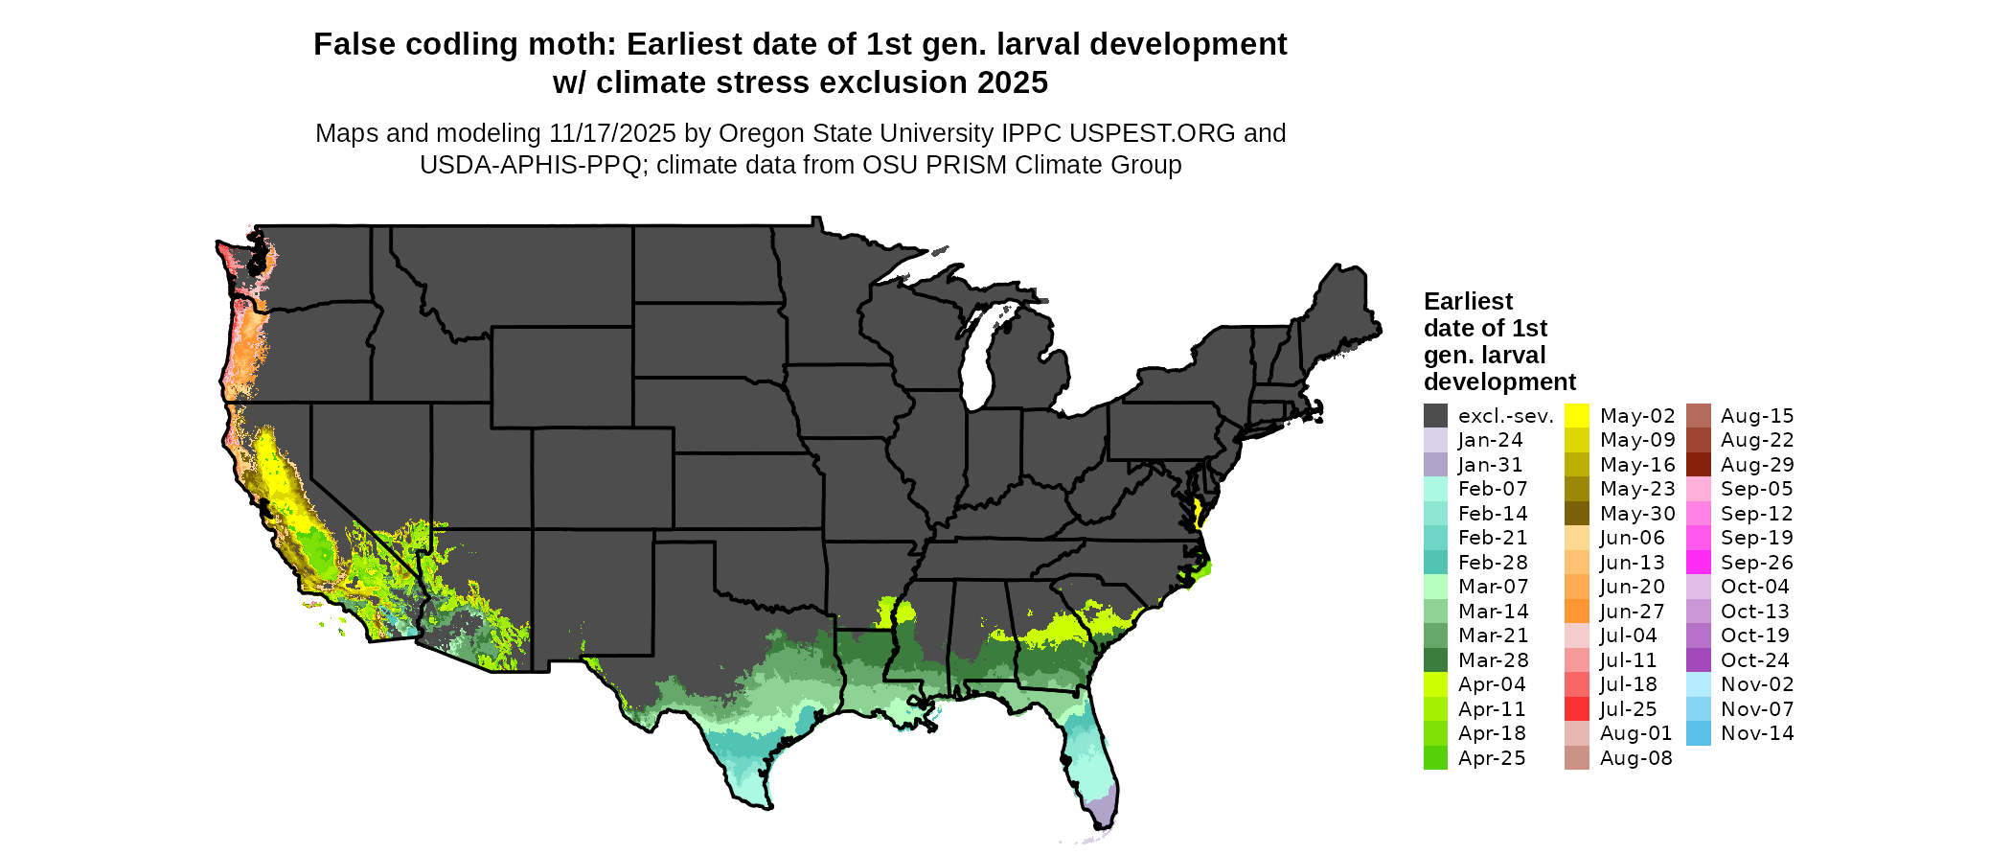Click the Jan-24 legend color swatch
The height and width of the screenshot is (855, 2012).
point(1435,440)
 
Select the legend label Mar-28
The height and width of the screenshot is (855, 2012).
point(1493,660)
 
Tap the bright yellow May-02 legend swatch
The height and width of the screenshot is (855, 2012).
point(1576,416)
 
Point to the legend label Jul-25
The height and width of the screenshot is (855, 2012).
point(1628,709)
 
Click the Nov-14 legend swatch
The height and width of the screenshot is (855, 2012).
point(1698,733)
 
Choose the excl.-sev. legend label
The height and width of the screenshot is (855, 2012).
point(1505,416)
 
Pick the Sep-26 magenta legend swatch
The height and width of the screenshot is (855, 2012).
point(1698,563)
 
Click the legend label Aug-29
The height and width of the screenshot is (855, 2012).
point(1756,465)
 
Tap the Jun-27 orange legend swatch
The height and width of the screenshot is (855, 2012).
point(1576,612)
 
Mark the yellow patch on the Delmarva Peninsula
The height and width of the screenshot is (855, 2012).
point(1197,512)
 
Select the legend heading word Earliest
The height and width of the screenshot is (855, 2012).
point(1468,302)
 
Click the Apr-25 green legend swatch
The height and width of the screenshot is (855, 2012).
point(1435,758)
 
